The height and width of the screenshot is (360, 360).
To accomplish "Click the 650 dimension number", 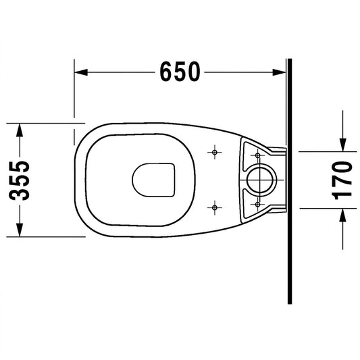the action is (x=180, y=72).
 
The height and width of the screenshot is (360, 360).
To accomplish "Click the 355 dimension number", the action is (x=20, y=180).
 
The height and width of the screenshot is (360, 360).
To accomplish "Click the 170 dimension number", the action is (x=342, y=180).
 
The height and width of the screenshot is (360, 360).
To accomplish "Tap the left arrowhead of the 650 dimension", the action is (x=81, y=72).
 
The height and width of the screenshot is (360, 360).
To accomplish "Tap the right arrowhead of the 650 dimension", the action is (x=279, y=72).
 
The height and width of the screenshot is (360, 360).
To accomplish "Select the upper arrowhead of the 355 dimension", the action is (x=20, y=130).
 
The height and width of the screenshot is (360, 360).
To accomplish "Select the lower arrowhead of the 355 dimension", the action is (x=20, y=230).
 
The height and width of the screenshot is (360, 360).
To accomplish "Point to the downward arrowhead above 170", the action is (x=343, y=145).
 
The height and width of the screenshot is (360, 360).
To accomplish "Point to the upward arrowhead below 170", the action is (x=343, y=215).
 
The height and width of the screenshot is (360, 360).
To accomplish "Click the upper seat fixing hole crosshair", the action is (x=215, y=152).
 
